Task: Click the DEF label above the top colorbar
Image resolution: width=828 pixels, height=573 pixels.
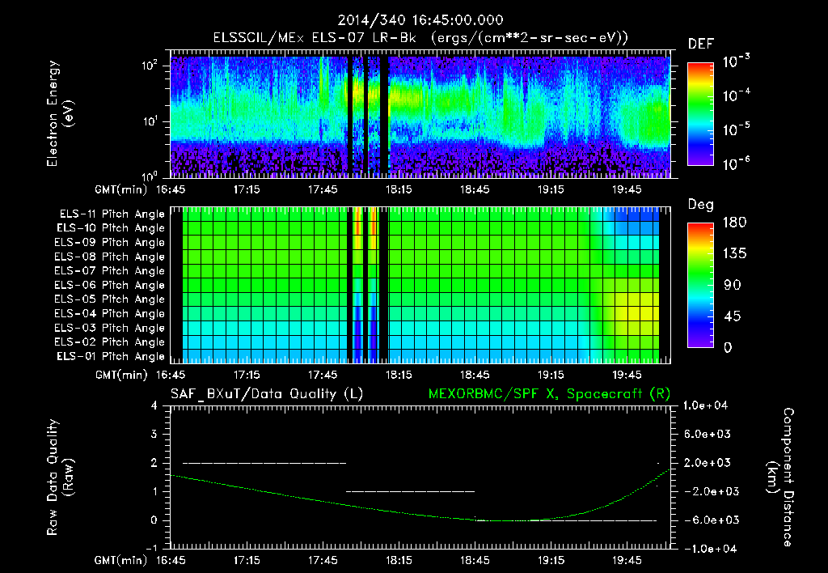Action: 700,44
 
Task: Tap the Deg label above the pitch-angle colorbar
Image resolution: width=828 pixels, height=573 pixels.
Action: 700,206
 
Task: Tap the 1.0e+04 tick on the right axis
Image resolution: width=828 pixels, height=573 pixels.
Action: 707,405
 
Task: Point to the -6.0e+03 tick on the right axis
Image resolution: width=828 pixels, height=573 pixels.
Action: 707,520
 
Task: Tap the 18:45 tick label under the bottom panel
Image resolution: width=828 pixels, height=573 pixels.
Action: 475,559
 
